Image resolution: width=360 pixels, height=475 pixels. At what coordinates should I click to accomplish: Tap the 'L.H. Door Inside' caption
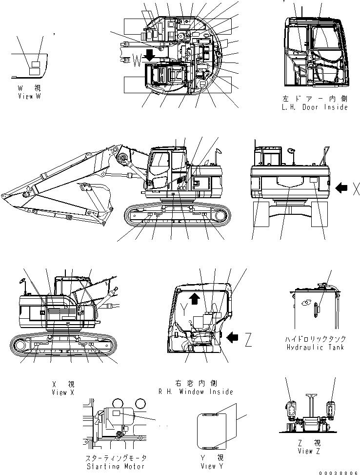point(315,107)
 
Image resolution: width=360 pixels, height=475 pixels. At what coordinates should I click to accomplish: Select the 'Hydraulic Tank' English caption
point(316,347)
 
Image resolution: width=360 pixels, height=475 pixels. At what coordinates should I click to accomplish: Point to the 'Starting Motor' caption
point(115,467)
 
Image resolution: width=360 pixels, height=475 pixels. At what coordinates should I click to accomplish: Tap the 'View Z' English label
point(308,451)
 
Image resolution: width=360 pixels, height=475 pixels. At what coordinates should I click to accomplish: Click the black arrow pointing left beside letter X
point(342,187)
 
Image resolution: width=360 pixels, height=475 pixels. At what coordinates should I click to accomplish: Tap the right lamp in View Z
point(330,409)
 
